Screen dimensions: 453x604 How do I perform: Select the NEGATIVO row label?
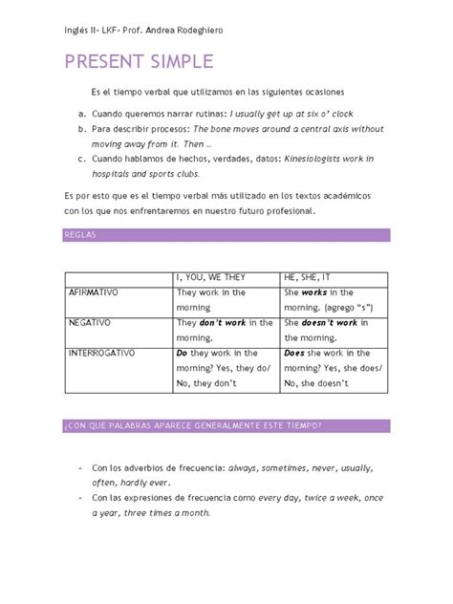(x=91, y=323)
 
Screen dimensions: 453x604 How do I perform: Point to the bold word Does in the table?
(x=293, y=355)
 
